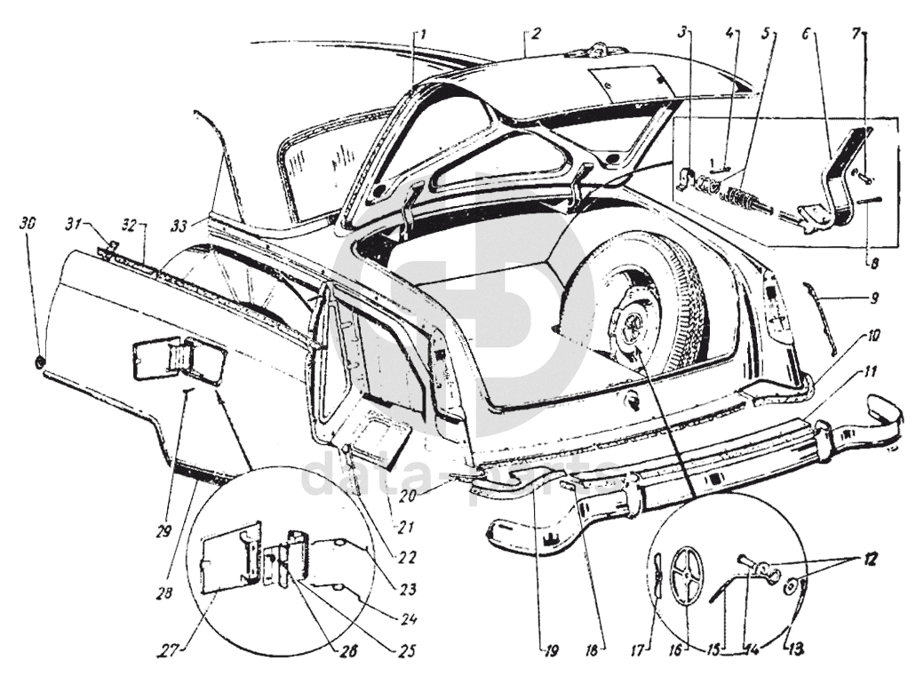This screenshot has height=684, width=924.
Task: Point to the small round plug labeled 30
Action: pos(41,360)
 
